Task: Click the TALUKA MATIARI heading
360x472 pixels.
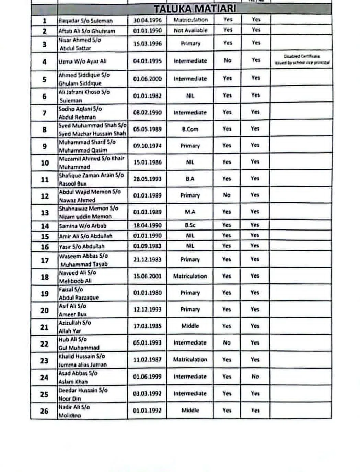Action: (195, 9)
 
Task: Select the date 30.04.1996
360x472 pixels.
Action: (147, 20)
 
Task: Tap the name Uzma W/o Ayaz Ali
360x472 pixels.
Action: (82, 61)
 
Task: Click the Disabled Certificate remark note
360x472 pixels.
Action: (302, 59)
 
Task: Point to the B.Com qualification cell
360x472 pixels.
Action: (190, 129)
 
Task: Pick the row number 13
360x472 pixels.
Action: (45, 213)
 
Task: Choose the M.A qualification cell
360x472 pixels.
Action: (190, 212)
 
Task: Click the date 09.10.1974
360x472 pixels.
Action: (147, 146)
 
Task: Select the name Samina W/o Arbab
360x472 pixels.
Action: (83, 226)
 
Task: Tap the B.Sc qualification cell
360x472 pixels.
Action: (190, 225)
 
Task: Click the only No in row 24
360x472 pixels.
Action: (255, 376)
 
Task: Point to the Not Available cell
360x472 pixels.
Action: (190, 30)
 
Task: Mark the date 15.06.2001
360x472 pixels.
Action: (147, 276)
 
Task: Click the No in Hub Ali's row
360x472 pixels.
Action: (227, 342)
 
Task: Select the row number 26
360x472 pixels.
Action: (44, 411)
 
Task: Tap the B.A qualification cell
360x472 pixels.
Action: (190, 179)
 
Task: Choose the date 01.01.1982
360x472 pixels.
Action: (147, 96)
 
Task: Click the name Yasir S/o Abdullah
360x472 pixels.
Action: (82, 246)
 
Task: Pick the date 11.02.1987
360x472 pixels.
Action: (147, 359)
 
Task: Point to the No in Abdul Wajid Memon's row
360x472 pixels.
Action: (227, 195)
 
